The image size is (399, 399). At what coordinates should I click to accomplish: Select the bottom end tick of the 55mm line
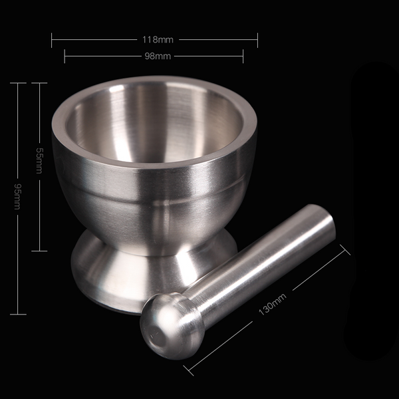click(39, 251)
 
